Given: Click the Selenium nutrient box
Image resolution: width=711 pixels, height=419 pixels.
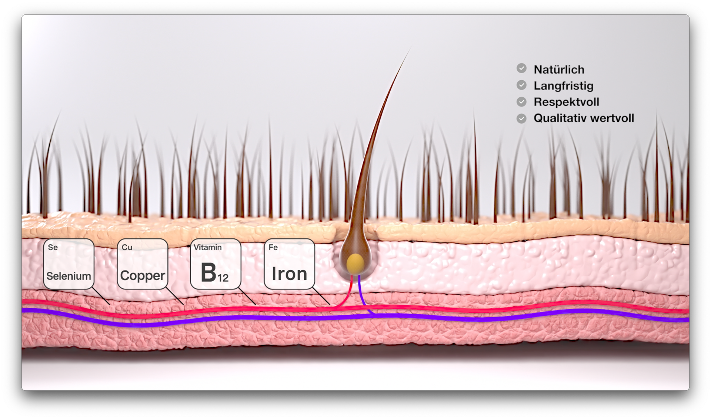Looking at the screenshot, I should click(69, 264).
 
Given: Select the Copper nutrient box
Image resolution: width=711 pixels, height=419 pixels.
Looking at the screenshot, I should click(143, 264).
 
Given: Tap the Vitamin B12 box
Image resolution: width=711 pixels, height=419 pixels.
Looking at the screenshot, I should click(216, 264).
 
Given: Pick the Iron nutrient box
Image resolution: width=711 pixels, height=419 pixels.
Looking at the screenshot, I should click(289, 264).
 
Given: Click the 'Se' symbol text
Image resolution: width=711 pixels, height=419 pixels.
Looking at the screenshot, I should click(53, 247).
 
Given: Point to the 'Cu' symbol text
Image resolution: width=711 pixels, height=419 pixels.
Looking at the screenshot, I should click(127, 247).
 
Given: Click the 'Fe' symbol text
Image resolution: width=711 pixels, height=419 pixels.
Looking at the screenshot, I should click(273, 247).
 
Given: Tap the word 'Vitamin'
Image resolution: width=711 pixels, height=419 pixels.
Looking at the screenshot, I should click(208, 247).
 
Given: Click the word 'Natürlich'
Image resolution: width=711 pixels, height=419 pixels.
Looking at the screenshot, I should click(559, 70).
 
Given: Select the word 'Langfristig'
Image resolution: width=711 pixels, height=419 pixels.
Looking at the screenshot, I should click(563, 86).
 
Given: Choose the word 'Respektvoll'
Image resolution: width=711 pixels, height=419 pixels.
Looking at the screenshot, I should click(566, 102).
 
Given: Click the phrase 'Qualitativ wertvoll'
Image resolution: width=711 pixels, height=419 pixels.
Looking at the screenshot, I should click(584, 118).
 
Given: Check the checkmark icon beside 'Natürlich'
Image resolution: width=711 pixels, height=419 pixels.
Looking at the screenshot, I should click(521, 68).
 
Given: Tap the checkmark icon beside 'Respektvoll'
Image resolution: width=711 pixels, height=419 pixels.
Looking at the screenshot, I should click(521, 101).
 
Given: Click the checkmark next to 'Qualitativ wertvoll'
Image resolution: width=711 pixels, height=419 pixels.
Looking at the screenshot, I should click(521, 118).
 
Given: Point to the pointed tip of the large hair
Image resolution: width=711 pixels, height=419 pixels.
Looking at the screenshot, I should click(410, 49).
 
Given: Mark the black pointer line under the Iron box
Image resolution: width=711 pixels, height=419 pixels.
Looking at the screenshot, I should click(321, 296).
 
